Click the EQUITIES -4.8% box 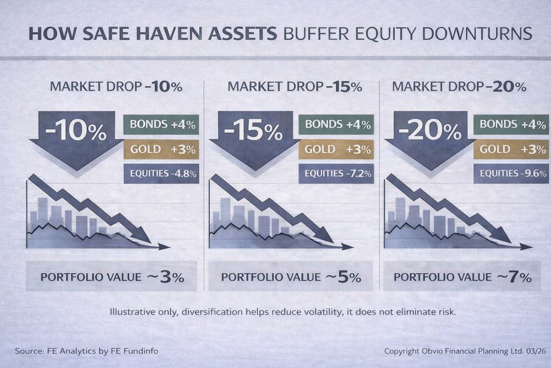click(x=161, y=173)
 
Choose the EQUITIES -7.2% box click(x=336, y=173)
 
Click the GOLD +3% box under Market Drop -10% click(x=161, y=149)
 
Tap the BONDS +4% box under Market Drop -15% click(x=336, y=124)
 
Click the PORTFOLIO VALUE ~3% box click(x=111, y=277)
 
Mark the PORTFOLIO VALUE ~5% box click(x=291, y=277)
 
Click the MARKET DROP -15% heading click(x=294, y=86)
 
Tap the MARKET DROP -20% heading click(x=459, y=86)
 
